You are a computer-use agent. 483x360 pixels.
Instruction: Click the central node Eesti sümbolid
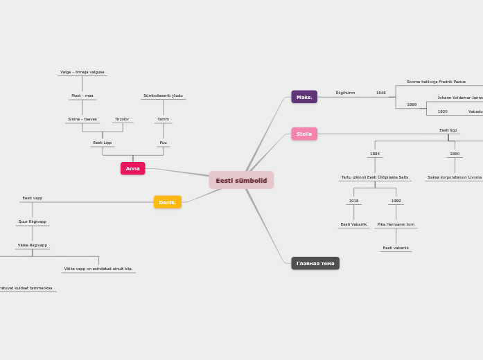(241, 180)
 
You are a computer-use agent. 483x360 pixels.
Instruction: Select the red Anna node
(132, 168)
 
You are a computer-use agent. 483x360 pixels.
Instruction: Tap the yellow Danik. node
(167, 202)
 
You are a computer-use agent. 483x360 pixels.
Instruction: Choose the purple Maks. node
(304, 97)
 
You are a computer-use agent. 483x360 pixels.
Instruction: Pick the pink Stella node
(304, 134)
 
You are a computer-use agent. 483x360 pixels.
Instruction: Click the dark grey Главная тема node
(315, 263)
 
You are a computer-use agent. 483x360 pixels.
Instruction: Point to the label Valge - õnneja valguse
(82, 72)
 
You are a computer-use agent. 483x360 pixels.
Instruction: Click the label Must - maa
(82, 96)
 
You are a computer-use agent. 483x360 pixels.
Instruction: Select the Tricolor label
(122, 119)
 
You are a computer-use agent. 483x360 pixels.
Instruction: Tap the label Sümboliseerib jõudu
(163, 96)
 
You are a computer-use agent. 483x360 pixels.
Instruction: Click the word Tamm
(163, 119)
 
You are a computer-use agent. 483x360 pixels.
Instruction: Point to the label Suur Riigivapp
(33, 222)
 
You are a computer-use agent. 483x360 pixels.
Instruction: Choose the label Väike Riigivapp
(33, 245)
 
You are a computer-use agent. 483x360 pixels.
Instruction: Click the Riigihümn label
(345, 93)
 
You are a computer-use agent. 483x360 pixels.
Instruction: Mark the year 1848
(381, 93)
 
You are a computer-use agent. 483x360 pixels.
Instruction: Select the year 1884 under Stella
(375, 154)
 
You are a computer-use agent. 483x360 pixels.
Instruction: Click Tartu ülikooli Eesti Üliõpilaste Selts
(375, 177)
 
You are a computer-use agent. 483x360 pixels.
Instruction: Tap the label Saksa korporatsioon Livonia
(455, 177)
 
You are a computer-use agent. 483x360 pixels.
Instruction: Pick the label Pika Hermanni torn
(396, 224)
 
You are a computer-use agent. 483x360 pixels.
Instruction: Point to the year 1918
(353, 201)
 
